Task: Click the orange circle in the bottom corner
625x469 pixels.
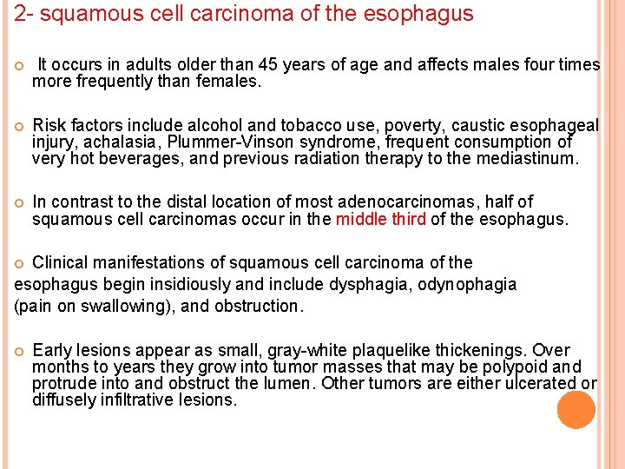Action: (x=576, y=410)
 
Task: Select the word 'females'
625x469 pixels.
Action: (x=229, y=83)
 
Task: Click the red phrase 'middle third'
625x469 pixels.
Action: (x=381, y=219)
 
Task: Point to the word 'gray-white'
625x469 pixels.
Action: (x=270, y=350)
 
